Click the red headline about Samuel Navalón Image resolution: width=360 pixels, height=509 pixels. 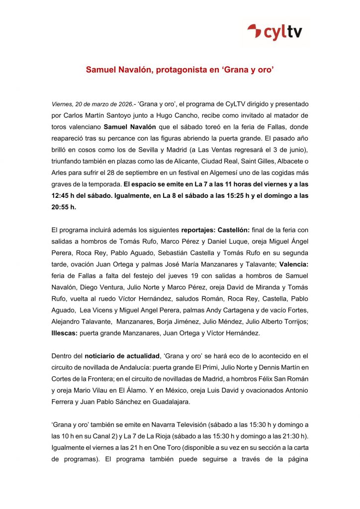[180, 71]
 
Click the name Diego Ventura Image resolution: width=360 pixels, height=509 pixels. [99, 287]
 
